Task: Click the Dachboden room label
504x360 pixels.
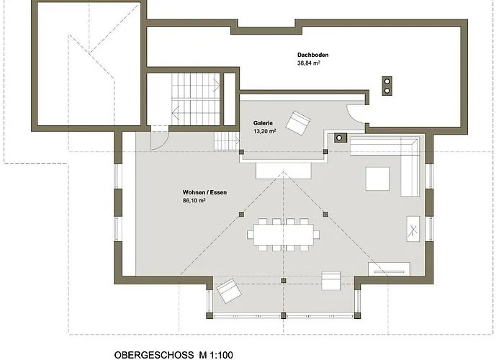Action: click(312, 55)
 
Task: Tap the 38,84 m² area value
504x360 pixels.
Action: click(309, 63)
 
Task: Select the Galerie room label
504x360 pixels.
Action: click(263, 123)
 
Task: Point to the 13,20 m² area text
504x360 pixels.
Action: click(264, 131)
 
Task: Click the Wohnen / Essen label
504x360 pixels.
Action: click(204, 192)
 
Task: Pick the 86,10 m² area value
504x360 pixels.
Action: click(194, 201)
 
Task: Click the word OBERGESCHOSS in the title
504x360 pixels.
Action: click(154, 355)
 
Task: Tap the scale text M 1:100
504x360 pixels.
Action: click(216, 355)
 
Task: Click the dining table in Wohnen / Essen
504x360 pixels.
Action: click(284, 235)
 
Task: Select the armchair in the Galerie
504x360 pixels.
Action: click(298, 123)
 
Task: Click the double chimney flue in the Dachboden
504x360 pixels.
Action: click(387, 86)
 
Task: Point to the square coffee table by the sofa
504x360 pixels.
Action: click(377, 179)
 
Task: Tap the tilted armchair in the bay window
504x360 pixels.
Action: click(229, 291)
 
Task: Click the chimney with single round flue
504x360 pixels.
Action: click(340, 138)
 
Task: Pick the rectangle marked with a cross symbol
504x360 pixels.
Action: click(413, 229)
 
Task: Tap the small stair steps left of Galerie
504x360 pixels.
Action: click(227, 141)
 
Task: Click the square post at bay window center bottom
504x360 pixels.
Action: click(283, 315)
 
